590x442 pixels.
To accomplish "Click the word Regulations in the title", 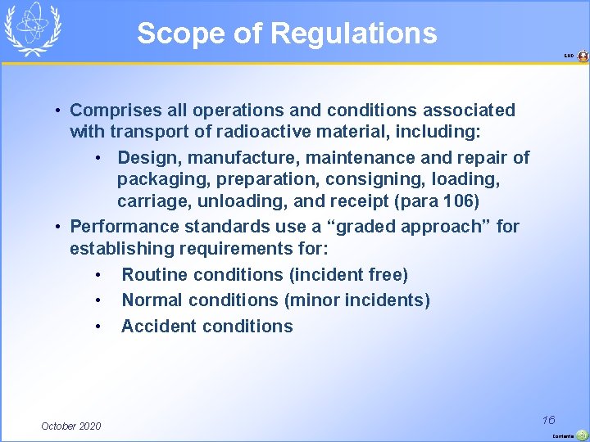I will point(353,34).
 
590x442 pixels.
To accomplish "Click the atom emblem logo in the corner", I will point(33,28).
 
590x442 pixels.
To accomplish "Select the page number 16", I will point(549,420).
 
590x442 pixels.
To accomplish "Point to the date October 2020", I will point(71,426).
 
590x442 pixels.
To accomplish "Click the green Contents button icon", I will point(582,435).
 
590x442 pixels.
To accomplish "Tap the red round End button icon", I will point(583,56).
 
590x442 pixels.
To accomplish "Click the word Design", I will point(146,157).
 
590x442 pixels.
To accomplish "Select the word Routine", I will point(156,274).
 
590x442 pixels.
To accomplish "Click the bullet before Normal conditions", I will point(98,300).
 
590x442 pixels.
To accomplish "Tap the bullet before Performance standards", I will point(59,226).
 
